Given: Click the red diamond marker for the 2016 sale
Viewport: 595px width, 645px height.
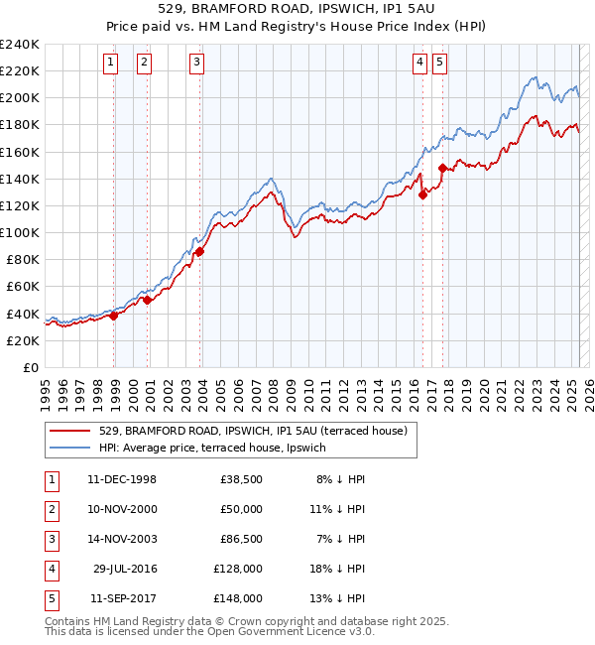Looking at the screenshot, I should (423, 194).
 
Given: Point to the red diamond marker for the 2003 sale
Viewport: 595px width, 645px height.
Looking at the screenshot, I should (200, 251).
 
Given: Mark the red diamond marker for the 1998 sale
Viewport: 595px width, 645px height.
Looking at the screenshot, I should (114, 316).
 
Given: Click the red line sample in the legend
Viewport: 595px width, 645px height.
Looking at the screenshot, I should (70, 431).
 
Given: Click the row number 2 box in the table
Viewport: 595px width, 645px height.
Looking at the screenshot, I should (50, 509).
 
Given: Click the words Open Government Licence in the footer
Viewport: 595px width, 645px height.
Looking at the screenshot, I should (277, 631).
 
